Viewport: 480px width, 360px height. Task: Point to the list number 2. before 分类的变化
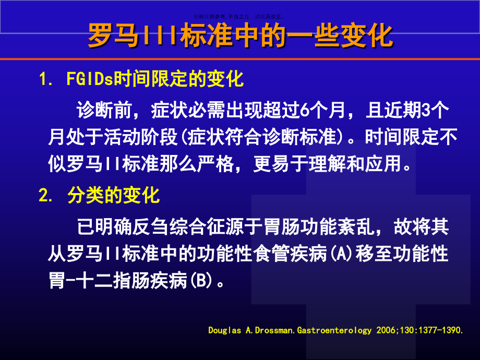(45, 196)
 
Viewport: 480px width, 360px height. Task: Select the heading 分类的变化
(113, 196)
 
